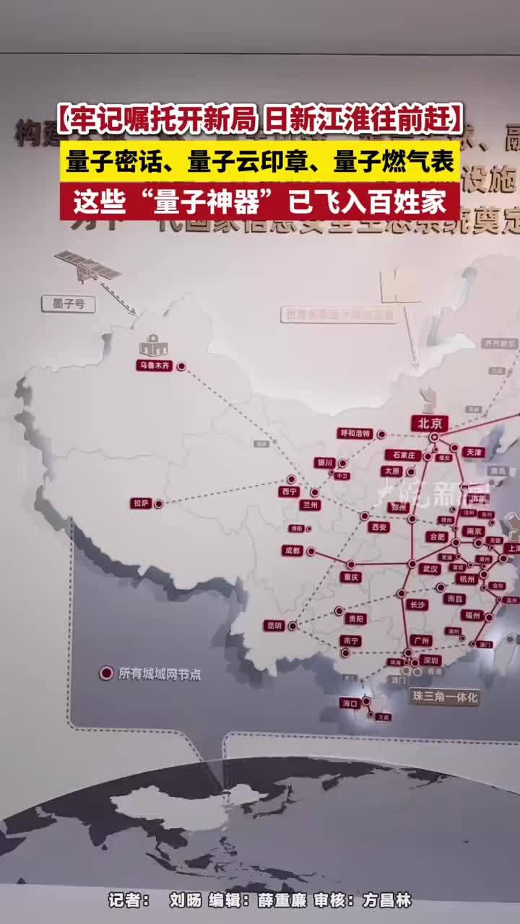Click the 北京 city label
430,423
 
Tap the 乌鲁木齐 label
155,366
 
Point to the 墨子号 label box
69,305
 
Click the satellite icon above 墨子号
87,265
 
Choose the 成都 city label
292,551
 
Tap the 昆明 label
274,626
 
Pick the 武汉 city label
429,569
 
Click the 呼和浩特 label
355,434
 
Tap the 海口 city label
350,702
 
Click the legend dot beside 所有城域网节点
106,674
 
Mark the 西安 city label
378,527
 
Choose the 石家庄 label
402,455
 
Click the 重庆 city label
351,577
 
